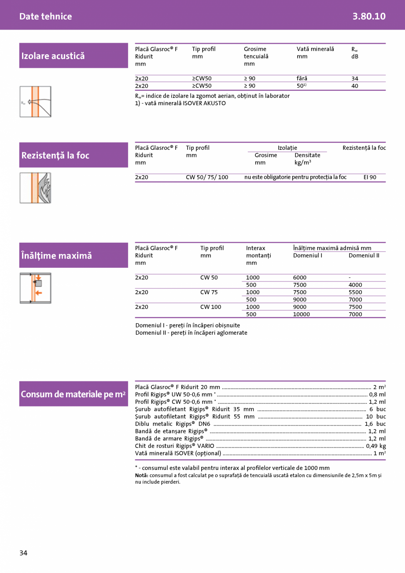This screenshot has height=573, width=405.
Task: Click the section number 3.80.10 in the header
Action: click(x=369, y=16)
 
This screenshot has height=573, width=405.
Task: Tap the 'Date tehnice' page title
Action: click(x=45, y=16)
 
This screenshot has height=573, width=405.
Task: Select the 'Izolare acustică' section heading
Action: click(x=53, y=56)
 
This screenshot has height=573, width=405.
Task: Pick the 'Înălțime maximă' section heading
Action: click(x=56, y=255)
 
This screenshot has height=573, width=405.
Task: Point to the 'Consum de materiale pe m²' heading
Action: click(x=73, y=394)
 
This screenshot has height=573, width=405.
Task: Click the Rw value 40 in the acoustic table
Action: click(x=355, y=86)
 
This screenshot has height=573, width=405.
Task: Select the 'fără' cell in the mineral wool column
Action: click(x=302, y=78)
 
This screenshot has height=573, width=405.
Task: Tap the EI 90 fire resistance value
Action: click(x=370, y=177)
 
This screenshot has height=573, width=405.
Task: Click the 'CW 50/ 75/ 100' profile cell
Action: click(x=207, y=177)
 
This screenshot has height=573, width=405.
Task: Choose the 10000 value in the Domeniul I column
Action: click(x=302, y=314)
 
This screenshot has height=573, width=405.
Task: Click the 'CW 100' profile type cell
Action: click(x=211, y=307)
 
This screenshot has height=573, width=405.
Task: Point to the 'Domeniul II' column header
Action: click(x=364, y=255)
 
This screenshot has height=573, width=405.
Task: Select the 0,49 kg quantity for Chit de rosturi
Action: click(x=376, y=446)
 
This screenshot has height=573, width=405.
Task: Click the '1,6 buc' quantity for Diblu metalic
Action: click(x=375, y=424)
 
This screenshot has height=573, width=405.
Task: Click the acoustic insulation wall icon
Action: click(x=35, y=102)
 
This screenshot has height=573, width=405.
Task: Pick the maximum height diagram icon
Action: click(x=35, y=288)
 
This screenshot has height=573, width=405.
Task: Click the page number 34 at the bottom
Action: click(x=23, y=553)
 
